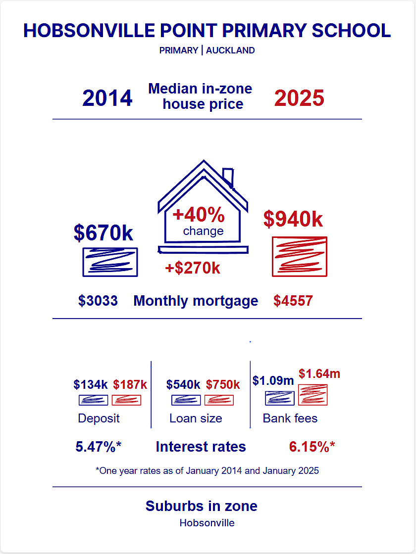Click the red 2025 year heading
[x=299, y=98]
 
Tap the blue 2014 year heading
[x=107, y=98]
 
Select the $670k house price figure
[x=104, y=233]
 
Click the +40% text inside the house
[x=199, y=215]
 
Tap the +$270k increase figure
[x=193, y=268]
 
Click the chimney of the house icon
[x=228, y=177]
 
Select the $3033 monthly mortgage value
[x=98, y=301]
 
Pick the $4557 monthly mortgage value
[x=293, y=301]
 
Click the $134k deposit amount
[x=91, y=384]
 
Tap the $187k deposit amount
[x=130, y=384]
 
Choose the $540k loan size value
[x=183, y=384]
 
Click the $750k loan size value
[x=223, y=384]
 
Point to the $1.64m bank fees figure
[x=319, y=373]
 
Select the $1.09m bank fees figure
[x=273, y=380]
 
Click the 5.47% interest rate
[x=99, y=447]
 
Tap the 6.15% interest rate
[x=312, y=447]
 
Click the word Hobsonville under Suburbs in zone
[x=207, y=523]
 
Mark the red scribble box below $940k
[x=300, y=257]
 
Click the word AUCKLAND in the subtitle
[x=230, y=50]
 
